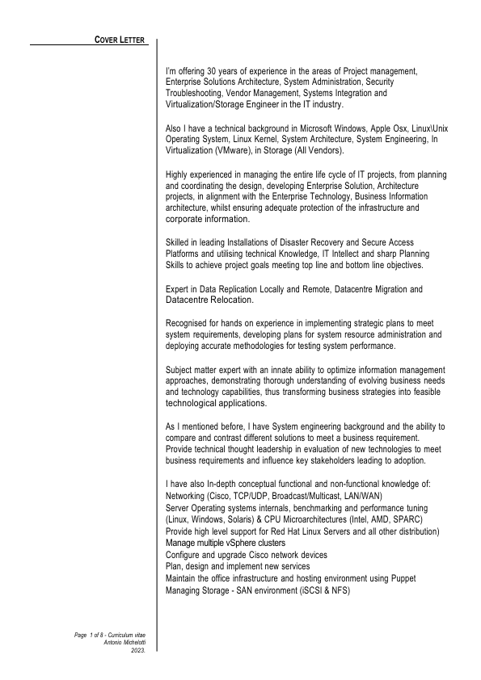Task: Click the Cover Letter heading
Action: [121, 40]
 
